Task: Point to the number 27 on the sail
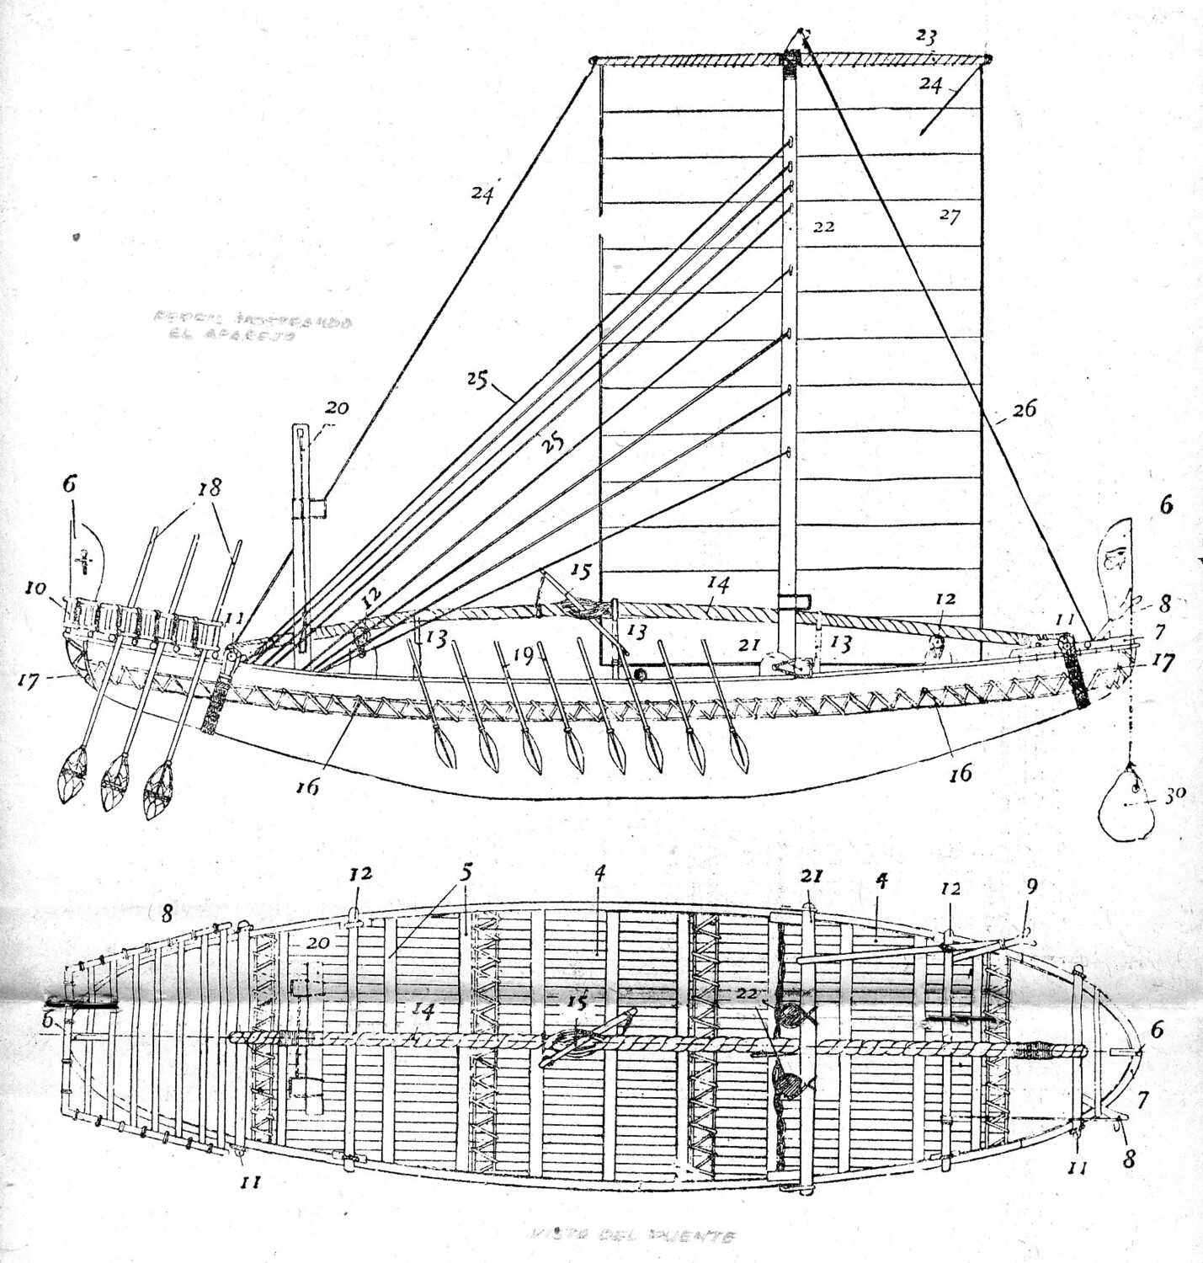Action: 949,216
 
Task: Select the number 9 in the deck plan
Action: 1031,886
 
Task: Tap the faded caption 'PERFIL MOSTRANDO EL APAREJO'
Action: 252,327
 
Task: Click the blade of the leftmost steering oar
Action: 77,779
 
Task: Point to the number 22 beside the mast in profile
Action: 823,227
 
